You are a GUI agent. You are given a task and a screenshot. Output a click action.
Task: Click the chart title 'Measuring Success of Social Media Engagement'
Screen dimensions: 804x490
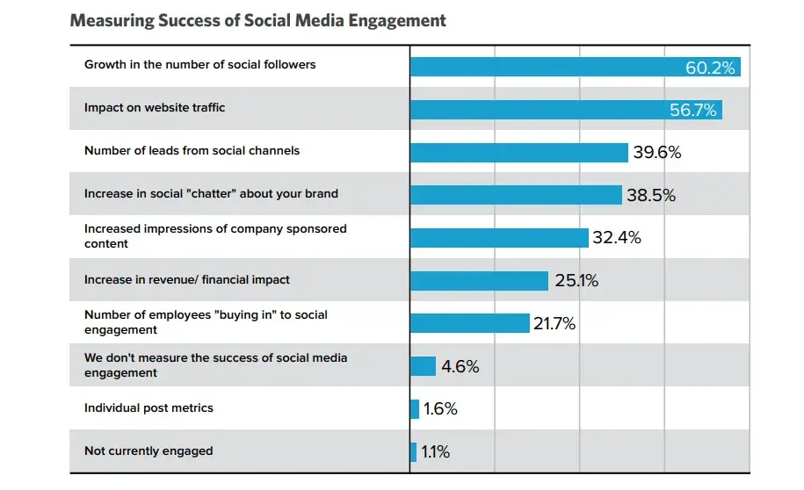point(258,20)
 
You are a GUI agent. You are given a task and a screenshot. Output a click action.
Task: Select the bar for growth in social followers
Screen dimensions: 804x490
point(576,67)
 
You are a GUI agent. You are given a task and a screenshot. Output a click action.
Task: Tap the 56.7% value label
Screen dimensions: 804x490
point(692,110)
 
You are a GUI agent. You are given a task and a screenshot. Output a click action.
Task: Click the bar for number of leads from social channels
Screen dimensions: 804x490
point(519,153)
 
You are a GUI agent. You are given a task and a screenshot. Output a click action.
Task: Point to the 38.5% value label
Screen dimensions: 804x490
point(651,195)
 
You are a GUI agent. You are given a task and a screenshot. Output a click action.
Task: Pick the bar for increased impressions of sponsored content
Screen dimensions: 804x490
point(499,238)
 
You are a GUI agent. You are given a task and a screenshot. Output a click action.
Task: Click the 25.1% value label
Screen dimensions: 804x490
point(576,280)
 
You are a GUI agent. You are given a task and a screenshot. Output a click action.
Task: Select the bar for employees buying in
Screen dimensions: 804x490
point(470,323)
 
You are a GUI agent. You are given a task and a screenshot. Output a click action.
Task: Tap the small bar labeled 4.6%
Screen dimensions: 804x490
point(423,366)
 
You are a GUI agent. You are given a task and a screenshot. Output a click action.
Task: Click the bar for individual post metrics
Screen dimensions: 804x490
point(415,409)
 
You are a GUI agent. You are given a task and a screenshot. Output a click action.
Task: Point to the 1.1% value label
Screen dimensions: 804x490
point(435,451)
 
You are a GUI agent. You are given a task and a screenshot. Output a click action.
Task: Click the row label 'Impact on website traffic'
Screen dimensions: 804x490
point(155,108)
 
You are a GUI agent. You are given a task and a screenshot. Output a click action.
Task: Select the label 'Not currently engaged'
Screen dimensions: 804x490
point(148,451)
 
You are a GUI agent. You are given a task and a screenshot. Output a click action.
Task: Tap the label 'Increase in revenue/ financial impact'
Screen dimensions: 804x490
point(187,280)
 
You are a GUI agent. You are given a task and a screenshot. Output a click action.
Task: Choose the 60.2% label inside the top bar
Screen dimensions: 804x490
point(710,68)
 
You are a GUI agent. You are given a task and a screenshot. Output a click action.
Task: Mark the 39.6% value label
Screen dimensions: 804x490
point(657,152)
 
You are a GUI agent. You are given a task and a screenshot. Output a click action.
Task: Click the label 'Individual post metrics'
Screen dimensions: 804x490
point(148,408)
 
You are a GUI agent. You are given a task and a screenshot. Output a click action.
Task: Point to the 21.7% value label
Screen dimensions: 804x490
point(554,323)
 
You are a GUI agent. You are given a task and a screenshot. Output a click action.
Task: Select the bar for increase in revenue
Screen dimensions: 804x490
point(480,281)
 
